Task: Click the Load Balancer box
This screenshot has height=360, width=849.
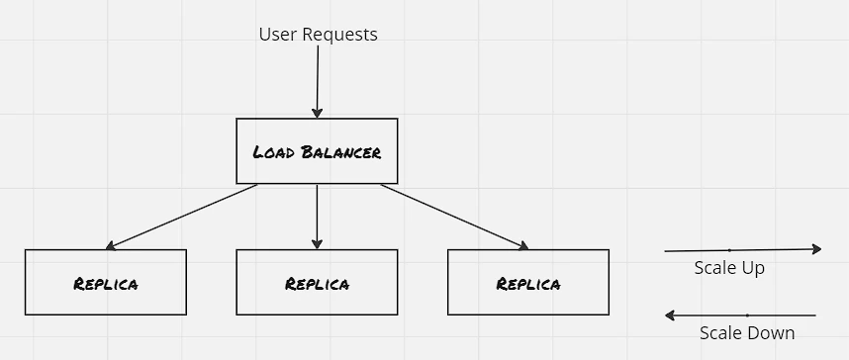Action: (x=317, y=151)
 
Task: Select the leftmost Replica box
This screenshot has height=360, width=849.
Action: (x=106, y=282)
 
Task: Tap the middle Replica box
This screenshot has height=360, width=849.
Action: (x=317, y=282)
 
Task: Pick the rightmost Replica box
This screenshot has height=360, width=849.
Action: (x=528, y=282)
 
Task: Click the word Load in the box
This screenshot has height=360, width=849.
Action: (x=274, y=152)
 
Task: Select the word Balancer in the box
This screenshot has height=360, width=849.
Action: (x=340, y=152)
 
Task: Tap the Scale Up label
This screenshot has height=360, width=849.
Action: (x=729, y=268)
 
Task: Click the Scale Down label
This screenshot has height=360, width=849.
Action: (x=747, y=333)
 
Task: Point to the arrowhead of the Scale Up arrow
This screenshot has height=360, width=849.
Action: (x=817, y=249)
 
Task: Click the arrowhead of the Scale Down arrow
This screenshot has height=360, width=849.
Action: (x=670, y=315)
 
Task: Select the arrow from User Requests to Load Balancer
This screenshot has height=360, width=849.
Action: (x=318, y=81)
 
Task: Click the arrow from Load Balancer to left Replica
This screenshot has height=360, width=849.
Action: (x=181, y=217)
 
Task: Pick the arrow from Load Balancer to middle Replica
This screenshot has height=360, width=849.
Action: (x=317, y=217)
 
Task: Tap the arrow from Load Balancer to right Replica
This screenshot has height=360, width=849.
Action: (x=454, y=217)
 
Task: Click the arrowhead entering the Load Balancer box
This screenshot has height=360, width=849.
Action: (x=317, y=113)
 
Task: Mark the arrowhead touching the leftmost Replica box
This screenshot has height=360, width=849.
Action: (x=111, y=246)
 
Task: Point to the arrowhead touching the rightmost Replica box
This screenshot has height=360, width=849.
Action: (x=523, y=246)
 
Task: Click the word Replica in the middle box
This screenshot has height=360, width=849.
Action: (x=318, y=284)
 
